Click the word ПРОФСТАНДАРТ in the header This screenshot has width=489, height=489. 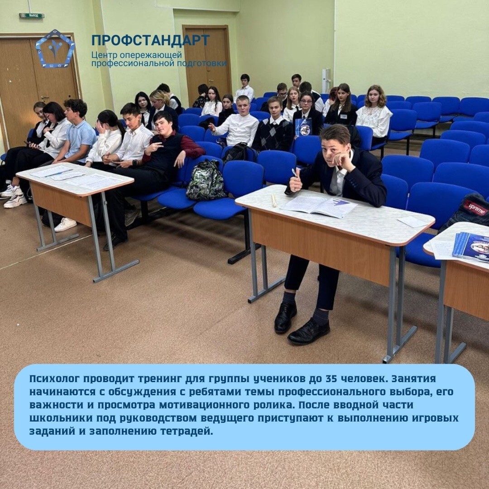pos(150,40)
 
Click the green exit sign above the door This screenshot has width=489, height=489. pos(32,15)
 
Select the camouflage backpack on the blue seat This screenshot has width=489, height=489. pos(206,180)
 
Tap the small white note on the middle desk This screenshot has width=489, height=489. pos(412,222)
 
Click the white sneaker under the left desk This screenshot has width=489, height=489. pos(66,224)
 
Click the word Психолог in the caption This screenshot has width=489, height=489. pos(55,379)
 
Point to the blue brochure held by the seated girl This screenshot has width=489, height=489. pos(303,127)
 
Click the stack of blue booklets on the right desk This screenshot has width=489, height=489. pos(471,246)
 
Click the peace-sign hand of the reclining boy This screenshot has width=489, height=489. pos(154,147)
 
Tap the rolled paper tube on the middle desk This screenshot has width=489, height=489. pos(274,200)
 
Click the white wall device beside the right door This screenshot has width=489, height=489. pos(326,81)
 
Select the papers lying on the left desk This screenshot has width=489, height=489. pos(77,177)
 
